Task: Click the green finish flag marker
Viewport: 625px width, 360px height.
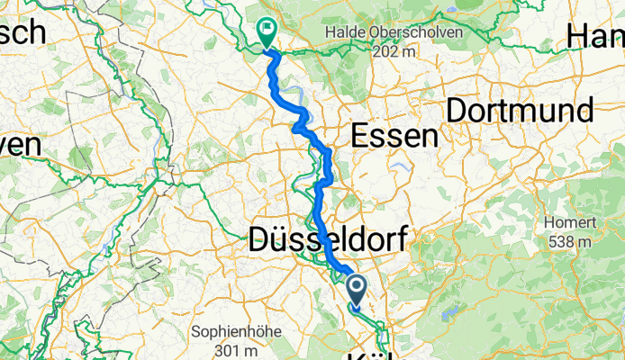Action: pos(267,32)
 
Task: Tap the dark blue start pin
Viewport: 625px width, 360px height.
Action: pos(357,289)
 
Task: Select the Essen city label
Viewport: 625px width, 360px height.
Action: pos(394,136)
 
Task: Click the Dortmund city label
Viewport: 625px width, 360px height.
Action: pos(521,111)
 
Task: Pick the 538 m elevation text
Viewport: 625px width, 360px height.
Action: pos(567,241)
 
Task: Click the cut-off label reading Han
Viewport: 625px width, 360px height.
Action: pos(595,36)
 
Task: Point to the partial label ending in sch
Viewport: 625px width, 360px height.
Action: pos(22,32)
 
